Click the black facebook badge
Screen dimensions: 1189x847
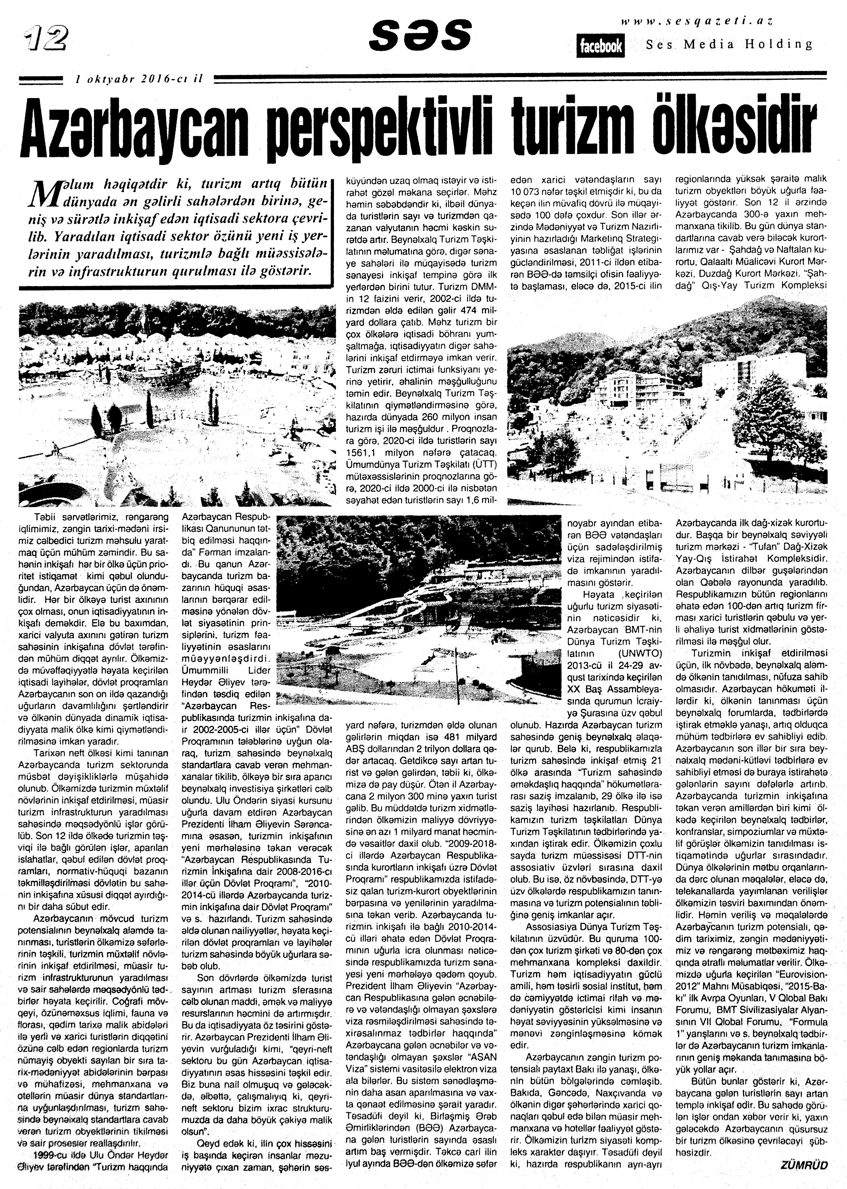tap(601, 46)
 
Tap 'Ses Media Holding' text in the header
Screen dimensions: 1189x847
tap(729, 45)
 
